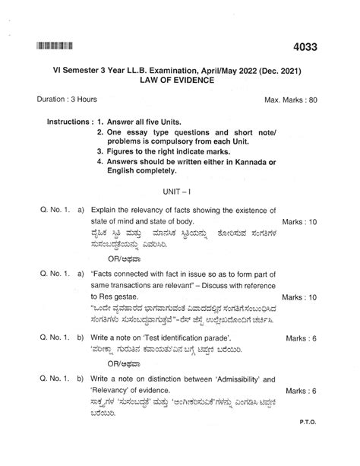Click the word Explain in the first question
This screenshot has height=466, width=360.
104,209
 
